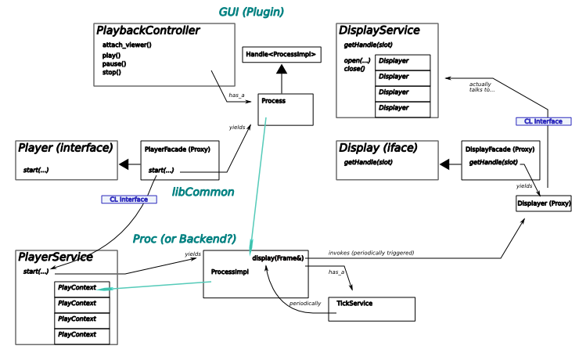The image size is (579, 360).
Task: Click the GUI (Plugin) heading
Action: (250, 13)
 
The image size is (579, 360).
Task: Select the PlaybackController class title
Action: (148, 31)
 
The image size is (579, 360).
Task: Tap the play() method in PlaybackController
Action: (112, 54)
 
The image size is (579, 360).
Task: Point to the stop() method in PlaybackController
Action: (111, 72)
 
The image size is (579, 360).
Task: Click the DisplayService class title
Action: (379, 31)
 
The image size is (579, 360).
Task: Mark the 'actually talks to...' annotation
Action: (482, 86)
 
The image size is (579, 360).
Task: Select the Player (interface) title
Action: (66, 147)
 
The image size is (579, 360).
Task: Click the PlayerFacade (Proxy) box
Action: (180, 160)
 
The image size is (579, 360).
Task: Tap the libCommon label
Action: (203, 192)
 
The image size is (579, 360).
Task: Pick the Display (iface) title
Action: (378, 147)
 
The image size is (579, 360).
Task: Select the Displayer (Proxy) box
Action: (544, 203)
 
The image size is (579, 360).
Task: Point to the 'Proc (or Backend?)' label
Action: (184, 239)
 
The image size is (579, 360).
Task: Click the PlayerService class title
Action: (56, 257)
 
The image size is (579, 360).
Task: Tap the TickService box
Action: (372, 309)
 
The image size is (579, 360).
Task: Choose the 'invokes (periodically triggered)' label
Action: (371, 254)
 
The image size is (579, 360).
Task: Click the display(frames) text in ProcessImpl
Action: (273, 257)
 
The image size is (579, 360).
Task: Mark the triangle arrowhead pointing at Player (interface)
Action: (123, 164)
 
